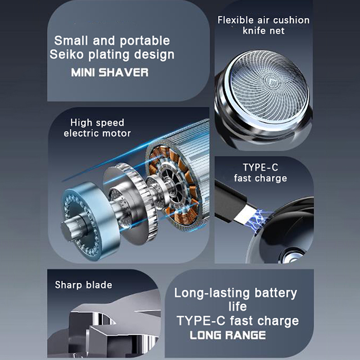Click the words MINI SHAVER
click(x=110, y=72)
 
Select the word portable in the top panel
click(x=144, y=41)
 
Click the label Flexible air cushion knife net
click(x=264, y=25)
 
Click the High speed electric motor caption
click(x=97, y=128)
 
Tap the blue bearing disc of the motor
click(x=88, y=221)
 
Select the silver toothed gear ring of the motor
click(x=140, y=202)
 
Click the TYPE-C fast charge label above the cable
click(x=261, y=173)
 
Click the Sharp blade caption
click(x=84, y=285)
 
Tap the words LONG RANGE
click(x=228, y=335)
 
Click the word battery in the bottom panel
click(x=276, y=294)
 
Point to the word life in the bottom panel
click(x=238, y=306)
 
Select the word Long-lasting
click(x=212, y=293)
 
